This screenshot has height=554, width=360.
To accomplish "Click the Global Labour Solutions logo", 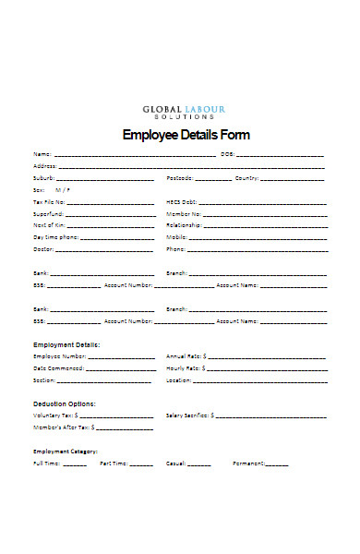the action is [x=184, y=111].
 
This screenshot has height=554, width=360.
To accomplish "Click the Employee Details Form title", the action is [x=186, y=135].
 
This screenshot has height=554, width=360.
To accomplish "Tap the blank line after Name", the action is [x=135, y=154].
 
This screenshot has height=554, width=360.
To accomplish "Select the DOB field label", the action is [x=227, y=153].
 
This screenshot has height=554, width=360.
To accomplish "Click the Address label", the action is [x=44, y=165].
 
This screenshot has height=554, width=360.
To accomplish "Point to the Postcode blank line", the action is [x=213, y=178].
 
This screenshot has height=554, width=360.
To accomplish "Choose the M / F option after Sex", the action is [x=63, y=189].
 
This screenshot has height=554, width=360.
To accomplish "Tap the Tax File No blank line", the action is [x=111, y=202].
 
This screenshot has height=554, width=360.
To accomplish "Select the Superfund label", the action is [x=48, y=213].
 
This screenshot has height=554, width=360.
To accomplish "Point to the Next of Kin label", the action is [x=48, y=225].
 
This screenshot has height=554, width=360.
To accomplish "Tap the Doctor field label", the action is [x=43, y=249].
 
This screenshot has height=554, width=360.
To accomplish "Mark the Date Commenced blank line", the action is [x=120, y=368].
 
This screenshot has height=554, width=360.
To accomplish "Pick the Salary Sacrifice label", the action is [x=188, y=415].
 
